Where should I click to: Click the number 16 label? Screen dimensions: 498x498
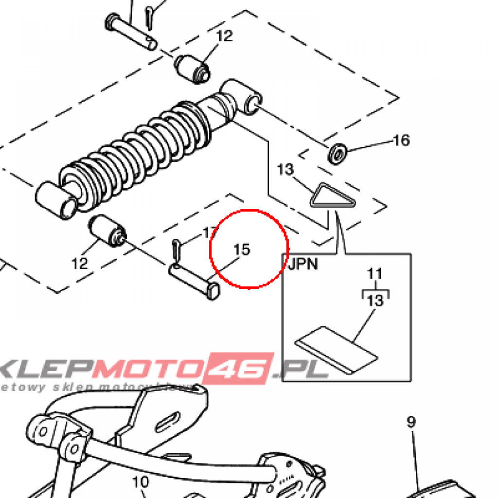[401, 141]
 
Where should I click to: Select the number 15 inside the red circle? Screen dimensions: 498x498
[242, 249]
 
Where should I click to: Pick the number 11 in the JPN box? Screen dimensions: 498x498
[375, 274]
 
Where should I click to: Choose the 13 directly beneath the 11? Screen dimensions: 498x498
[375, 301]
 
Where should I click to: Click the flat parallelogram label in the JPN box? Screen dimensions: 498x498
[337, 349]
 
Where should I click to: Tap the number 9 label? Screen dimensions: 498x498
[411, 422]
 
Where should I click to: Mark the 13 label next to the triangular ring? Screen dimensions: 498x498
[286, 170]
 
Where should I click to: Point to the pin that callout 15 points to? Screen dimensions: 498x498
[195, 281]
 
